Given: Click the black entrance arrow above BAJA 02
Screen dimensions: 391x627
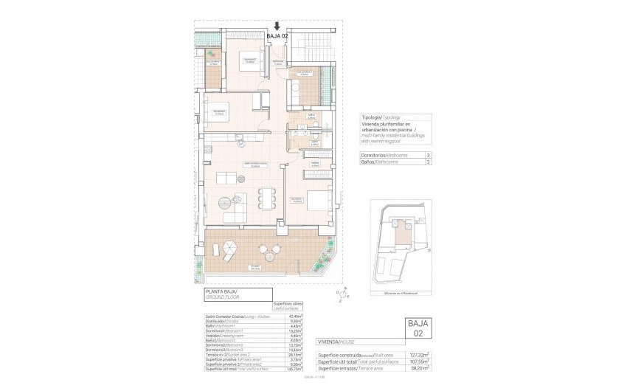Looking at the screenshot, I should point(276,26).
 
